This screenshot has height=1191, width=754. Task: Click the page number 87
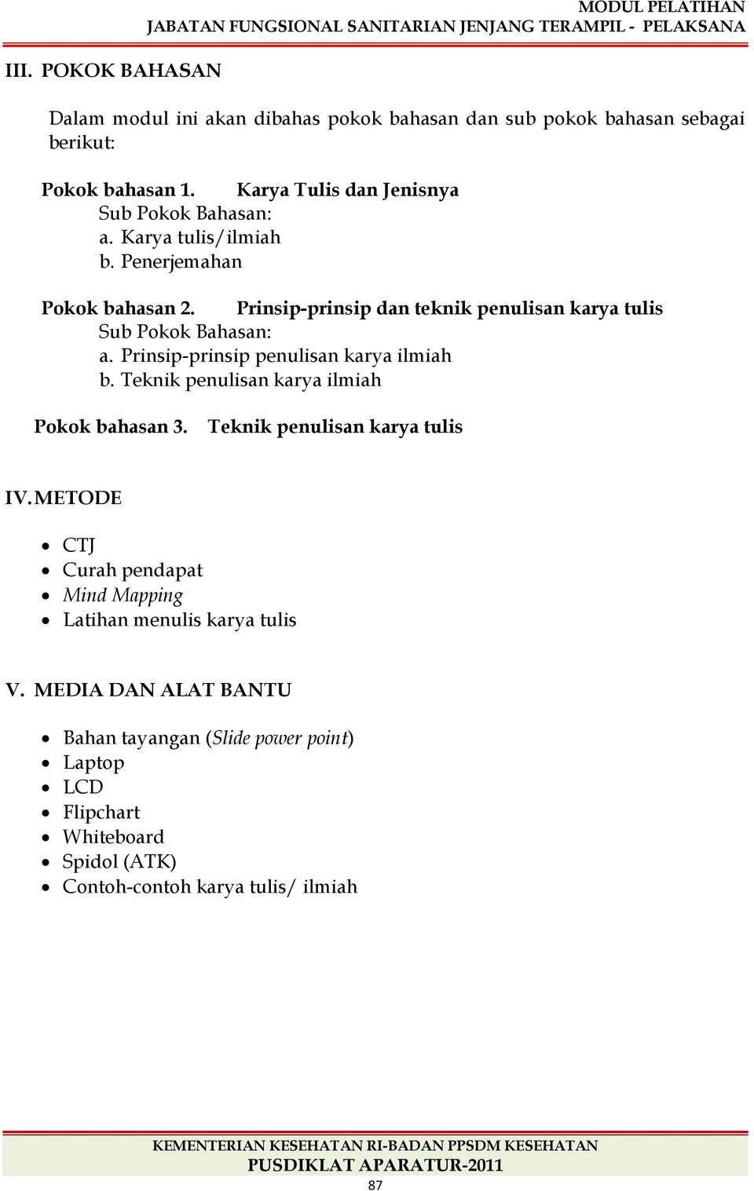click(375, 1185)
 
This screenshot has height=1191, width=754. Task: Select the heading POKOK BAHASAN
click(131, 71)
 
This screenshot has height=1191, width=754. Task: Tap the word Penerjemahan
click(181, 261)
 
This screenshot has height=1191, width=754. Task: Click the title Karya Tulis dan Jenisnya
click(347, 190)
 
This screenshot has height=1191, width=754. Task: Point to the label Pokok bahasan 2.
click(118, 308)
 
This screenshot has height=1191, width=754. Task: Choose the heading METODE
click(78, 498)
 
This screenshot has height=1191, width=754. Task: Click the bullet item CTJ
click(79, 546)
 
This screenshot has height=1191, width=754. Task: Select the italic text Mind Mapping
click(123, 596)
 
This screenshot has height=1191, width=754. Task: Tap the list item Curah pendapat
click(132, 570)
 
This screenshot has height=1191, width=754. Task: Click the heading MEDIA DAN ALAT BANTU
click(163, 690)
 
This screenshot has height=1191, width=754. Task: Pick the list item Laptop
click(93, 763)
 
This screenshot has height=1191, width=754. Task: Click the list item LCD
click(82, 787)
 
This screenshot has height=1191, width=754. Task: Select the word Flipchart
click(101, 813)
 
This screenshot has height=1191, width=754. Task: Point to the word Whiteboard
click(113, 837)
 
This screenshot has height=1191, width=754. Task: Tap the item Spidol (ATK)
click(119, 862)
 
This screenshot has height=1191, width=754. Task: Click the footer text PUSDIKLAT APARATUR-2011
click(375, 1165)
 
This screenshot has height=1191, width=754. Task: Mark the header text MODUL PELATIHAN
click(661, 7)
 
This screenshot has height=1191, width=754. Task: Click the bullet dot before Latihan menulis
click(46, 620)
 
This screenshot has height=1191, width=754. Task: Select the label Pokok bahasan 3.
click(111, 427)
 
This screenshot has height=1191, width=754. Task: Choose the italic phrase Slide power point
click(280, 738)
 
